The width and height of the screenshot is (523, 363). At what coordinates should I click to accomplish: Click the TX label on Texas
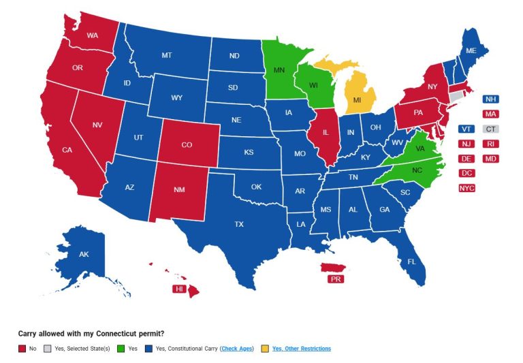239,224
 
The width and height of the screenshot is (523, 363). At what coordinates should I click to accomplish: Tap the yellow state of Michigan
357,100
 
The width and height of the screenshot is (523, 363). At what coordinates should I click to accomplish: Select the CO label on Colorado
186,144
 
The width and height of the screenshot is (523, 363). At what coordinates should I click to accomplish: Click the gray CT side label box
490,129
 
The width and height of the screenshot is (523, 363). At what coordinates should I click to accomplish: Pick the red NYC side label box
466,188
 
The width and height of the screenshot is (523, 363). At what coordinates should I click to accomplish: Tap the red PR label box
335,279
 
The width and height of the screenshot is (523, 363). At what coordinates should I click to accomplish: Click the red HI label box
180,289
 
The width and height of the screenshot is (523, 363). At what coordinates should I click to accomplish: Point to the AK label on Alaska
84,255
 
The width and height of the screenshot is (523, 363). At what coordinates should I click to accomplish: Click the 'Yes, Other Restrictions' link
301,349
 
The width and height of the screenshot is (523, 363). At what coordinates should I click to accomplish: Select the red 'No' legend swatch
21,349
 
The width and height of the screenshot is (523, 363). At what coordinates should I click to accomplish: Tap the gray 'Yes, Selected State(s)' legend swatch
47,349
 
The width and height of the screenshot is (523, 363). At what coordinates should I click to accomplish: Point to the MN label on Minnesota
279,70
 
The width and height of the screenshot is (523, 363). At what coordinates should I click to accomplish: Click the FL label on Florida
411,262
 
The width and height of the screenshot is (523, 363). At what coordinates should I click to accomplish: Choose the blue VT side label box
466,129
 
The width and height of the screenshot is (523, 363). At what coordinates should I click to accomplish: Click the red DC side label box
466,173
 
